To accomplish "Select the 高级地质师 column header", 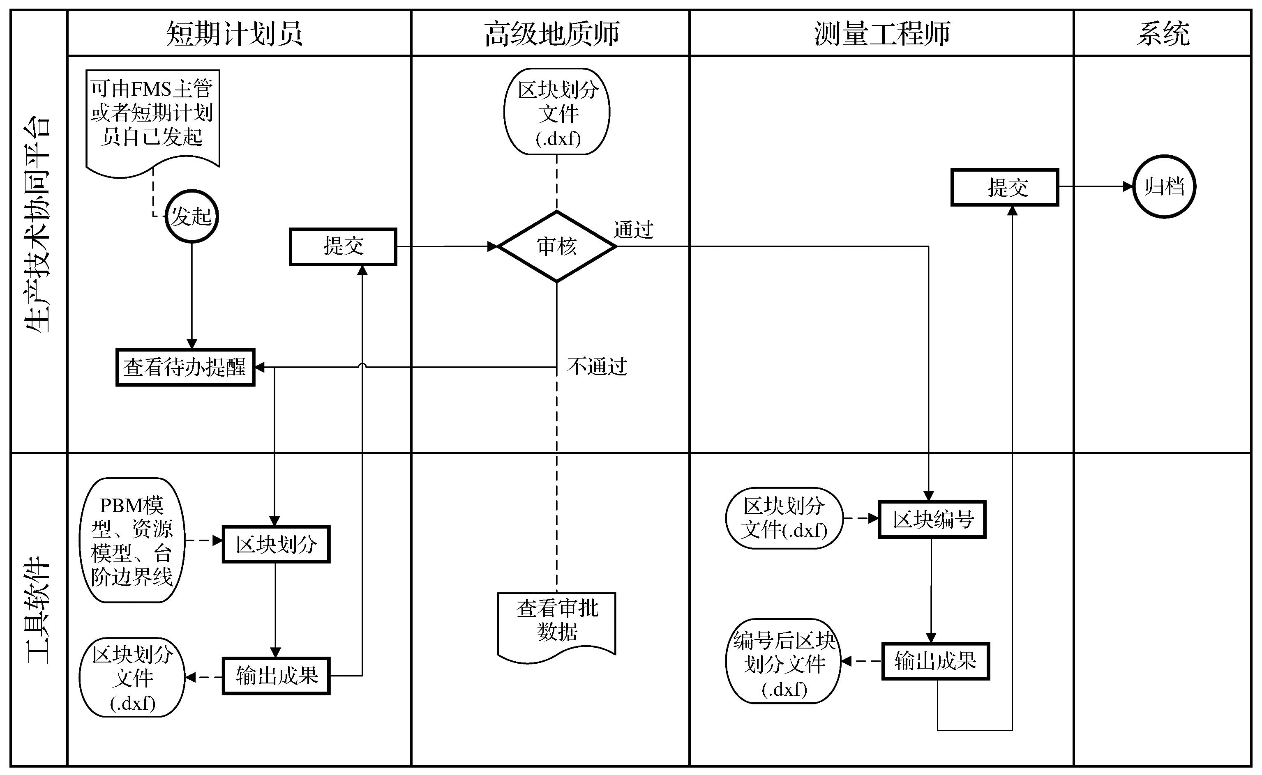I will pos(552,34).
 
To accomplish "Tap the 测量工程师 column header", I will pos(882,34).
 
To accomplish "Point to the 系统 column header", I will pos(1163,34).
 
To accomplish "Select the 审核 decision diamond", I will pos(557,246).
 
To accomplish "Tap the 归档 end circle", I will pos(1164,186).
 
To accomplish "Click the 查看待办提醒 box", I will pos(185,368).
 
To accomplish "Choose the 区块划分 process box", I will pos(276,544).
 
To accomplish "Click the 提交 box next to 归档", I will pos(1005,188).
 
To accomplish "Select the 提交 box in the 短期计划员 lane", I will pos(343,246).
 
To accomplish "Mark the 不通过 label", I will pos(597,366).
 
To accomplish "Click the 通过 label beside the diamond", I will pos(633,230).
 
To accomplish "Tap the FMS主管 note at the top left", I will pos(152,115).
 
